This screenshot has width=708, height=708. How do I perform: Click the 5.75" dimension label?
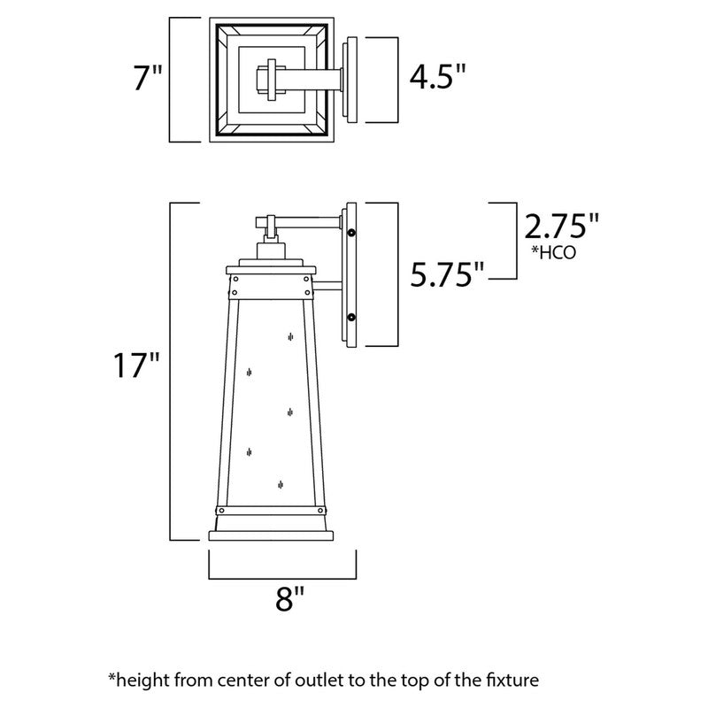[x=447, y=275]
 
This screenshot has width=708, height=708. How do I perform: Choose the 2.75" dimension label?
[x=556, y=227]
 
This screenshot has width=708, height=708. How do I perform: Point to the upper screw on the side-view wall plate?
[x=352, y=233]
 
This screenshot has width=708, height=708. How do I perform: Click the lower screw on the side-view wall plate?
[x=352, y=317]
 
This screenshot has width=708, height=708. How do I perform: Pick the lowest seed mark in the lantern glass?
[x=281, y=484]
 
